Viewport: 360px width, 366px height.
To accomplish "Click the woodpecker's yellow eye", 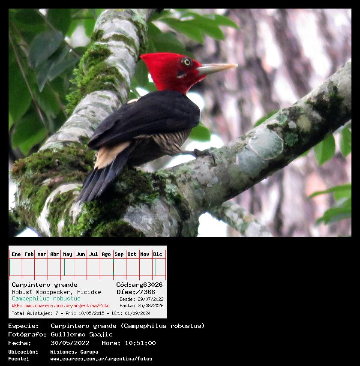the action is tap(187, 62).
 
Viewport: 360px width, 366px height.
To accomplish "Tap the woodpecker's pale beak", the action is tap(217, 68).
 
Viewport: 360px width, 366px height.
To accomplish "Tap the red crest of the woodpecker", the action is tap(163, 68).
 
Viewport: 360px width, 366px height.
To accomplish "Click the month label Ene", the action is tap(16, 254).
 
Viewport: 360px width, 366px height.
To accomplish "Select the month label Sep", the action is tap(119, 254).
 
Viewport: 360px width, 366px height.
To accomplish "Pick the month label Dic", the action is tap(158, 254).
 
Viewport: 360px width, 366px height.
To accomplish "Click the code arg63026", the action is tap(147, 285).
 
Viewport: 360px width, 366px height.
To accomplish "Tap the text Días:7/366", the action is tap(136, 292).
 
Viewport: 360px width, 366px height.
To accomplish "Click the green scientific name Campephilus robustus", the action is tap(46, 299).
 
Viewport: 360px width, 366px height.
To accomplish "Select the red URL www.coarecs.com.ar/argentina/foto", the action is tap(67, 306).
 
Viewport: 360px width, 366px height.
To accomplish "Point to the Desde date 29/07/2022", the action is tap(150, 299).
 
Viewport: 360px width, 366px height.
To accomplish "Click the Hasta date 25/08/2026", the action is tap(150, 306).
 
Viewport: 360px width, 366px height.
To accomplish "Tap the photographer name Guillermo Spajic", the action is tap(81, 334).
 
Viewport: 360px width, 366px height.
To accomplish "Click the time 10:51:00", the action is tap(140, 343).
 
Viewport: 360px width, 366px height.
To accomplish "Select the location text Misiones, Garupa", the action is tap(74, 352).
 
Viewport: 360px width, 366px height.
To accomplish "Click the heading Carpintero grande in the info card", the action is tap(45, 285).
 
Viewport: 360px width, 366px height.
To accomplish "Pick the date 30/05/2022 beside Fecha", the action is tap(70, 343).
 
